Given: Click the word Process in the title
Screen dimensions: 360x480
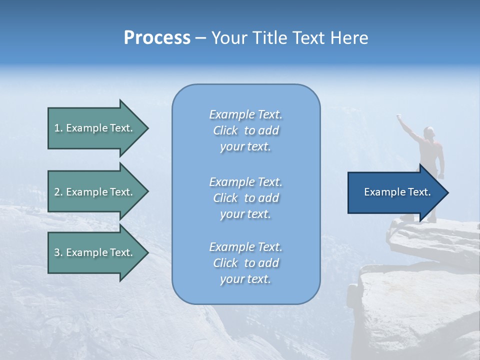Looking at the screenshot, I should point(157,38).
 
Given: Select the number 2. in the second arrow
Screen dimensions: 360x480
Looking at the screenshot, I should point(58,192).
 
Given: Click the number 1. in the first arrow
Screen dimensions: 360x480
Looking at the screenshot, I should point(58,128).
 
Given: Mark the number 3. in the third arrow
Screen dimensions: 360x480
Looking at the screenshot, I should point(58,252).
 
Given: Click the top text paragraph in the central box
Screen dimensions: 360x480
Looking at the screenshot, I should point(245,130).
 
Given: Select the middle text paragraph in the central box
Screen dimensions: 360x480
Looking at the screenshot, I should point(245,198).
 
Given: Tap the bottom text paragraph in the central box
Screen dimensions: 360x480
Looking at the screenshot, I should point(245,263).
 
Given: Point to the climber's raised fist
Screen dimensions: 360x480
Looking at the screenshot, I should point(399,117).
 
